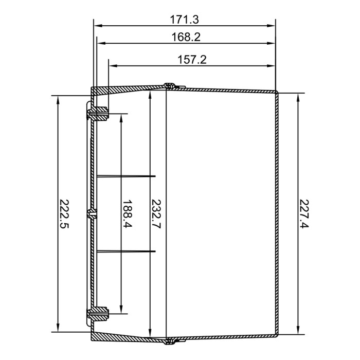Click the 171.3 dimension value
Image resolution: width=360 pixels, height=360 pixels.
[185, 20]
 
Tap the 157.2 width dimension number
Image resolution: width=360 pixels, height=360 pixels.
[191, 60]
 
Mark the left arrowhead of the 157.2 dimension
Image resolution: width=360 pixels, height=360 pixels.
[112, 65]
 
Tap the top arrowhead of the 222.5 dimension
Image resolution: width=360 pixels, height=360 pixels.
[58, 98]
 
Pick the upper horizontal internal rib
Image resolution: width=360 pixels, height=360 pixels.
[126, 176]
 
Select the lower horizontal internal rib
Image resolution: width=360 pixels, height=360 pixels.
[126, 251]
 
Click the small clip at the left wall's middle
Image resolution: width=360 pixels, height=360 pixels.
[92, 214]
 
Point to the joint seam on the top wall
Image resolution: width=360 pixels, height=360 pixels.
[169, 86]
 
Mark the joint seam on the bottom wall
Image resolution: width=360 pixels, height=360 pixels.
[169, 340]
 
